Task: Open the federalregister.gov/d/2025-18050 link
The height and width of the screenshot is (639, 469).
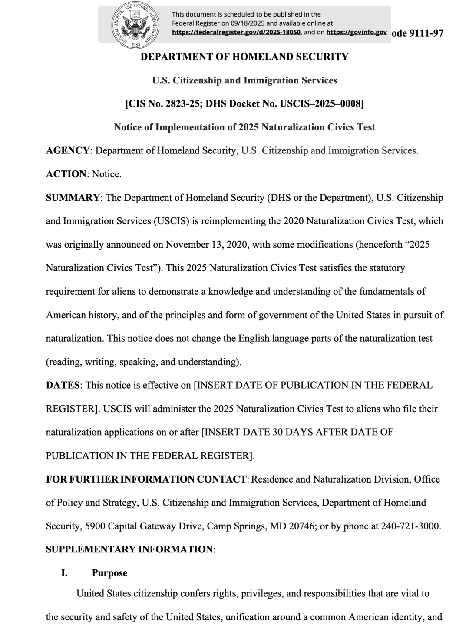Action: (236, 32)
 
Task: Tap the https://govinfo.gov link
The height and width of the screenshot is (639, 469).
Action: (356, 32)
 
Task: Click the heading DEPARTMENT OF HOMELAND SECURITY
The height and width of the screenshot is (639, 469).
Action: (244, 57)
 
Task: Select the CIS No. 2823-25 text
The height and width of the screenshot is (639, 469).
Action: (163, 104)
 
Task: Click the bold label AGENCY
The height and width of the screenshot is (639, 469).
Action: (68, 151)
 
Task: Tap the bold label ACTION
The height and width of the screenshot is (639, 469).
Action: (66, 174)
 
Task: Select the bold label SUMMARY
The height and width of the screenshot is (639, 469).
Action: (73, 198)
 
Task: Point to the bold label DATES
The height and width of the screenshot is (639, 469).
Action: (63, 386)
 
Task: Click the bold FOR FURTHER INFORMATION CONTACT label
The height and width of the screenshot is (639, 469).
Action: (146, 479)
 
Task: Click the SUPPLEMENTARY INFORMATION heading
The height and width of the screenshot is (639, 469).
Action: (129, 549)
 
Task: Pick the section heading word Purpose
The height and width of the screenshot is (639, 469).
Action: (109, 573)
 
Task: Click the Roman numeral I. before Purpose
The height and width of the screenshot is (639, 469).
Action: (64, 573)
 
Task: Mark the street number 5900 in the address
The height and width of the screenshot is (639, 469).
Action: (95, 526)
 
